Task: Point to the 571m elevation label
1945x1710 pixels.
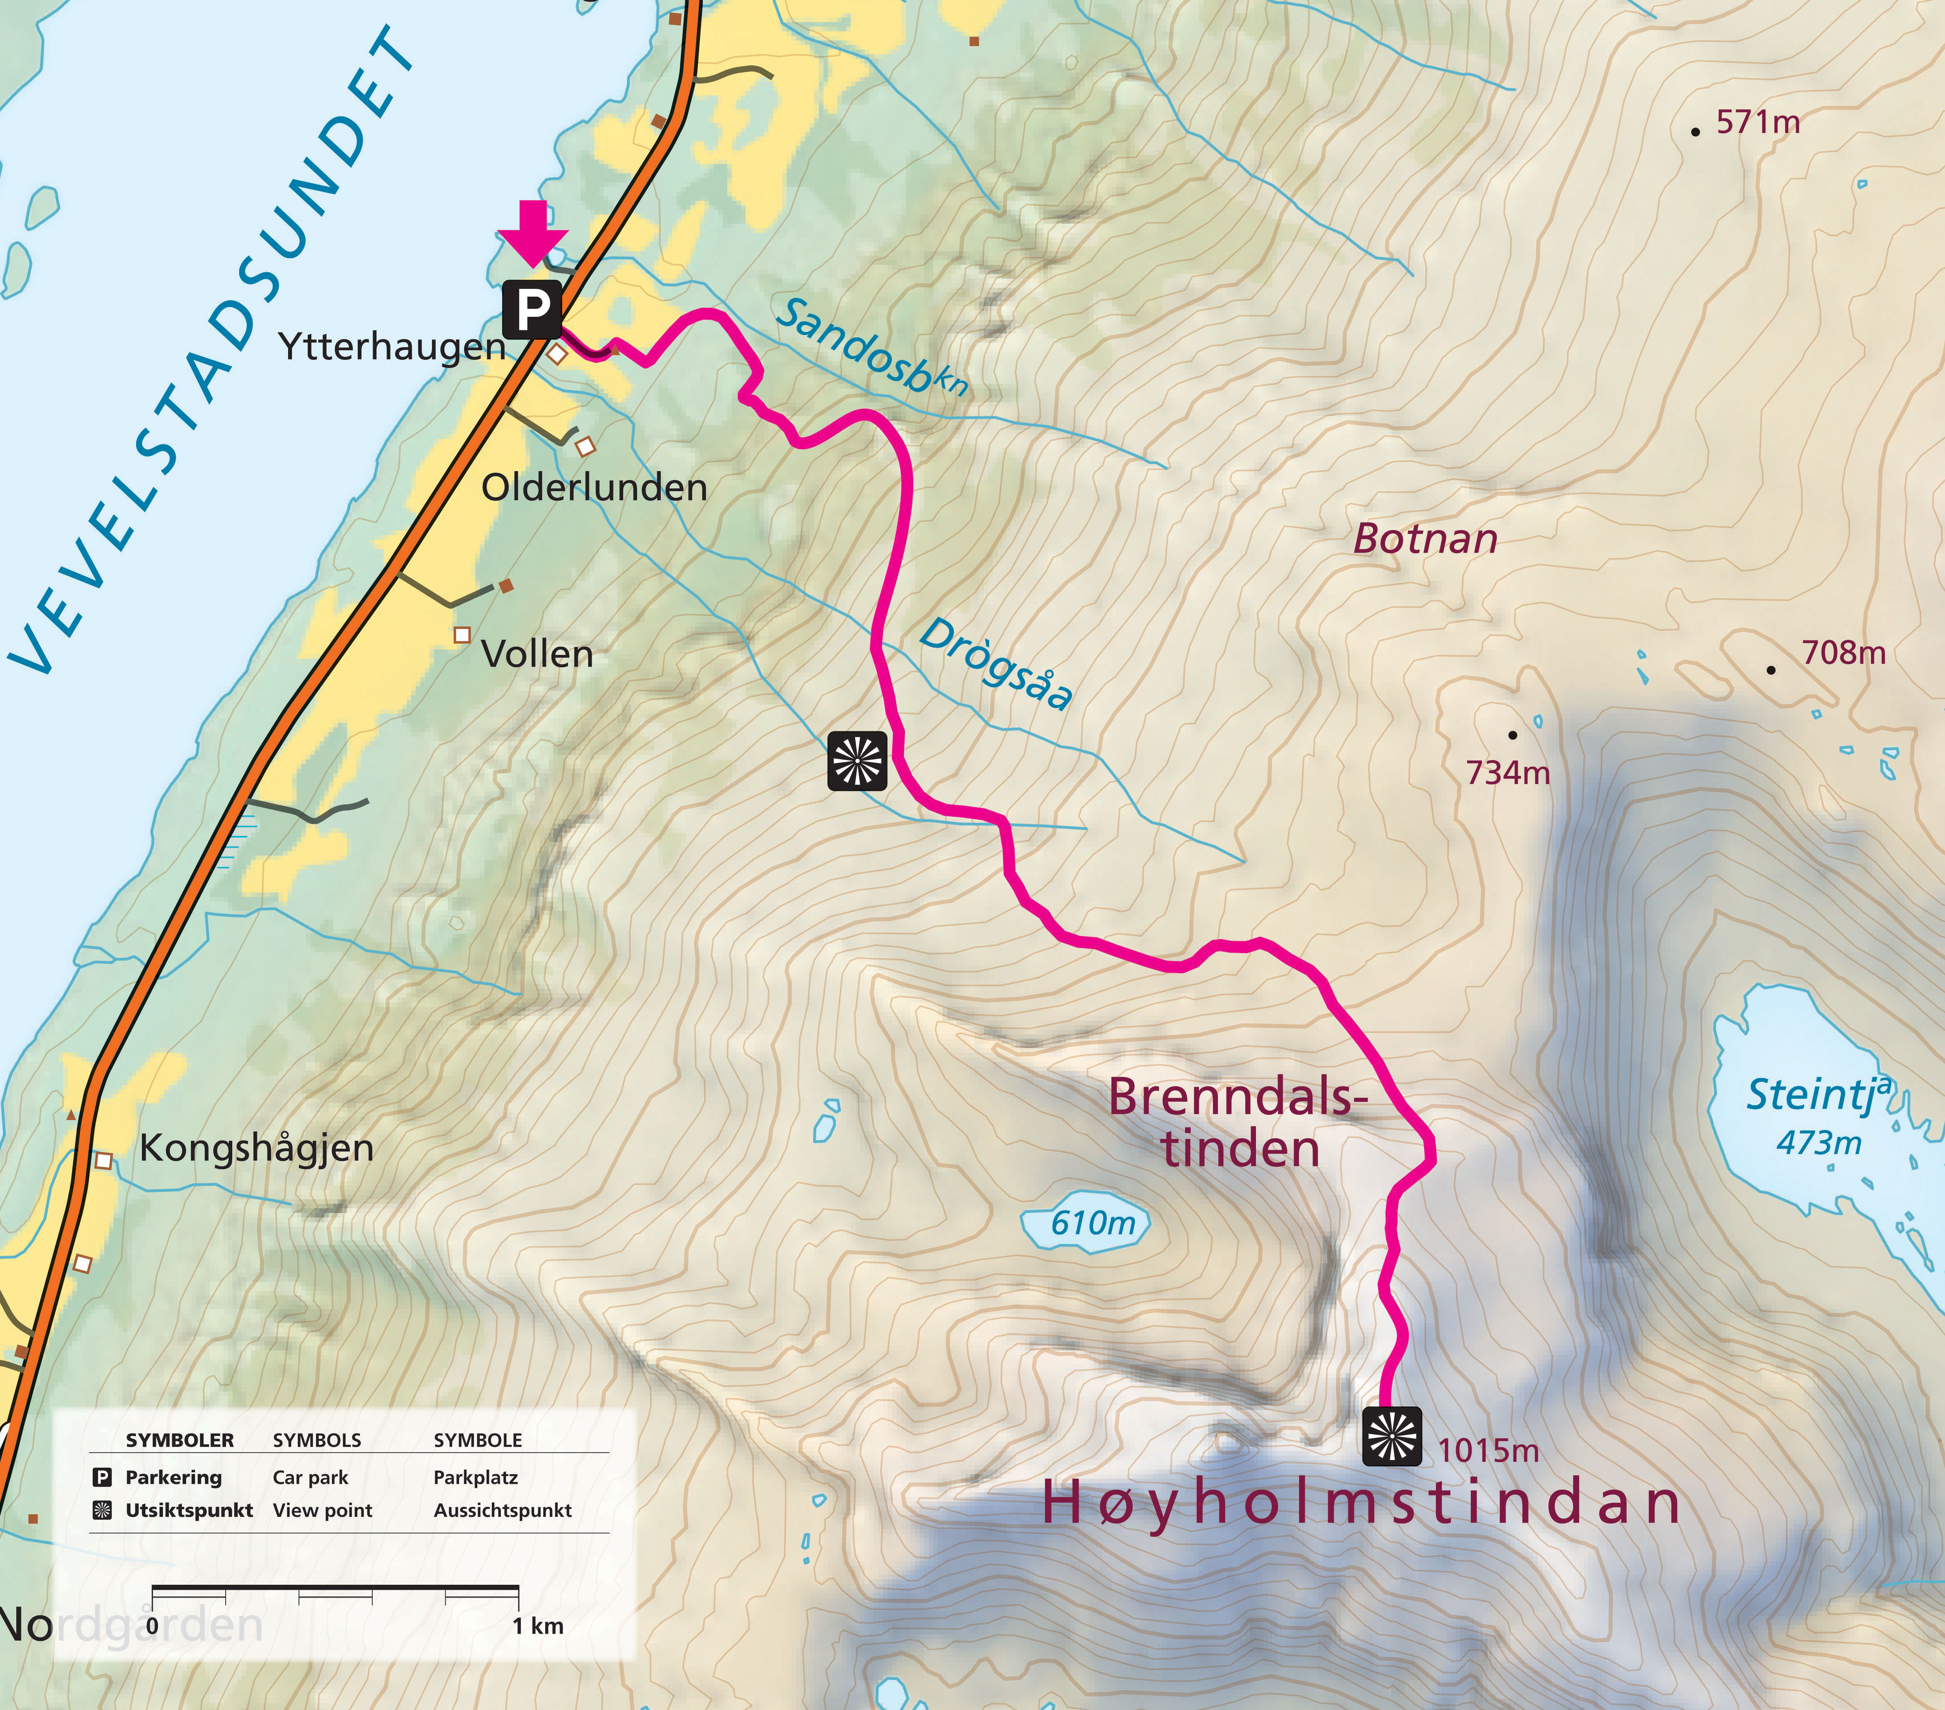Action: [x=1758, y=123]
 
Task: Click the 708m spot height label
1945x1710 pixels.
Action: [x=1843, y=653]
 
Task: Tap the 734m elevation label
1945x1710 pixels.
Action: [x=1507, y=773]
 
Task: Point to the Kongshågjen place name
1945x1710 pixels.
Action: [x=256, y=1148]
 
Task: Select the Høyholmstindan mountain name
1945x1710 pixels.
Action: [x=1361, y=1503]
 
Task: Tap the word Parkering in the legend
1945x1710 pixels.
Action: [x=173, y=1478]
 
